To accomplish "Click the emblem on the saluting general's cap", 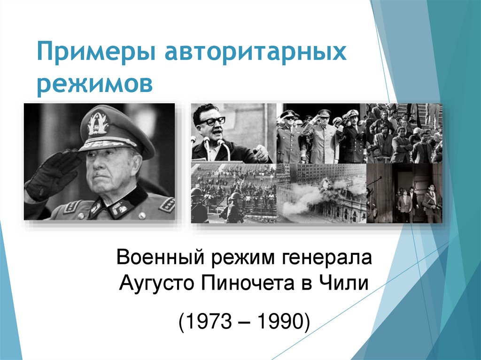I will click(98, 123).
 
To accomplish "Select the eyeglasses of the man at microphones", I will click(211, 120).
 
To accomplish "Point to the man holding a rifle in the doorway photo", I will click(430, 202).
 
